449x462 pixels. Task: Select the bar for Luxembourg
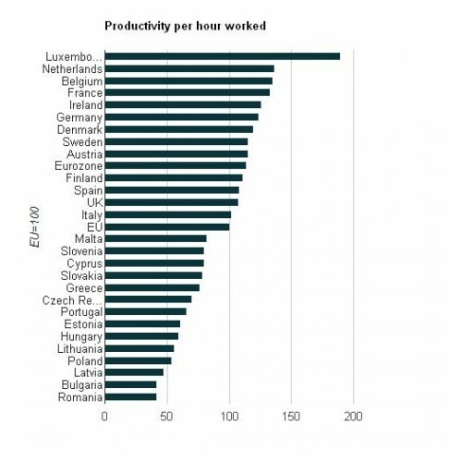[x=222, y=56]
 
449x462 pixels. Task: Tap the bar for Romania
[x=130, y=396]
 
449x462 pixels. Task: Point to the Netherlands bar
[x=188, y=68]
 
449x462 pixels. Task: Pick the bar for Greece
[x=152, y=287]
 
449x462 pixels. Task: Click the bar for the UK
[x=171, y=201]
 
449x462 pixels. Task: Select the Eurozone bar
[x=175, y=165]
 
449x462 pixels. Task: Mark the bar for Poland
[x=138, y=360]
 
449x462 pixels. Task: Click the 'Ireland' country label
[x=85, y=105]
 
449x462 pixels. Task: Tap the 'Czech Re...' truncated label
[x=72, y=299]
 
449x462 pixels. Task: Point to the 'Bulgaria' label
[x=81, y=384]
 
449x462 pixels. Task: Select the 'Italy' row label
[x=90, y=214]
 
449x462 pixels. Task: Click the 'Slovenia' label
[x=80, y=250]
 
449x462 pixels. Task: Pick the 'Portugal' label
[x=80, y=311]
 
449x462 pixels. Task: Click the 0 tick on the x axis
[x=104, y=415]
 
